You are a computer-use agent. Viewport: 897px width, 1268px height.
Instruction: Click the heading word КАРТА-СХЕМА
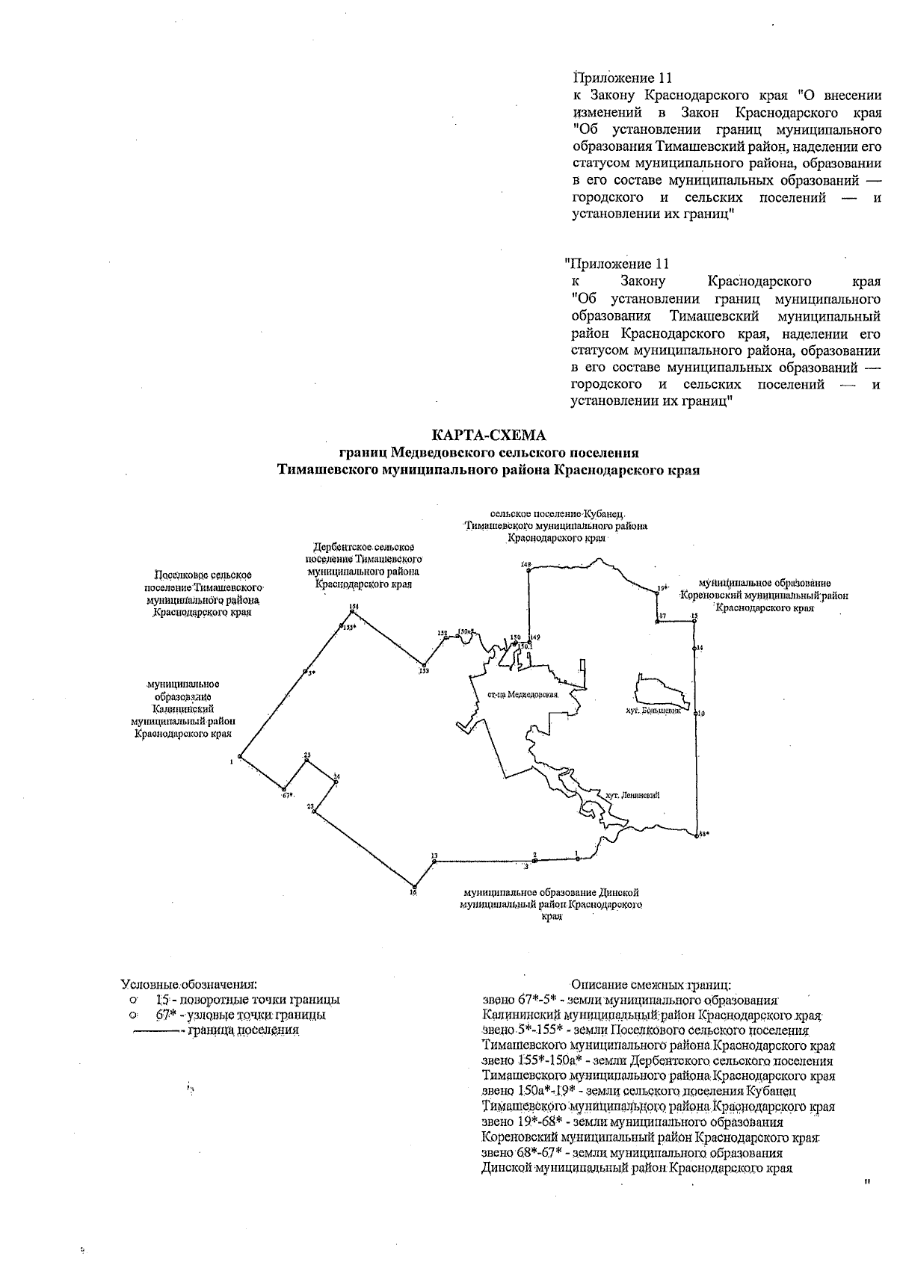pos(489,435)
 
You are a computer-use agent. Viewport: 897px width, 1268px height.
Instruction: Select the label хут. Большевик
pos(655,712)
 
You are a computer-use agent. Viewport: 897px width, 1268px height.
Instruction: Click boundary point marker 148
pos(528,570)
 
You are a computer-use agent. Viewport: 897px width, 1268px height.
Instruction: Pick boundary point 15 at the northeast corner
pos(694,620)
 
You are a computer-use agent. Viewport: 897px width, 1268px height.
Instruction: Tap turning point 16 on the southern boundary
pos(413,887)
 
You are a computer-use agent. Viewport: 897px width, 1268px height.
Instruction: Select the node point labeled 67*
pos(284,788)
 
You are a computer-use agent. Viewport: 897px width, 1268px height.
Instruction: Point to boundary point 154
pos(352,611)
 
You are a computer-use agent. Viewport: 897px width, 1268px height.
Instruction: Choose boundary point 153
pos(424,664)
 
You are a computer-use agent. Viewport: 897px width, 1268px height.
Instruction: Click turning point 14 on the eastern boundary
pos(695,648)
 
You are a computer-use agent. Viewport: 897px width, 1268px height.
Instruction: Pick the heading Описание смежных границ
pos(650,985)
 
